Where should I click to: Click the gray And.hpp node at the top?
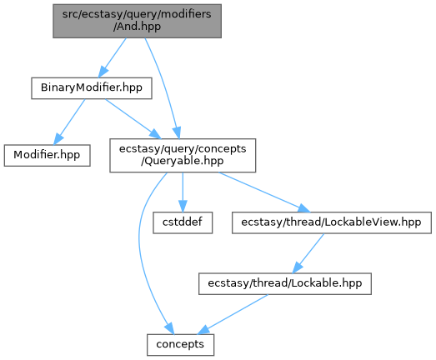[x=137, y=21]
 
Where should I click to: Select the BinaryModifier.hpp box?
[x=92, y=88]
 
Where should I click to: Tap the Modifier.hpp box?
[x=47, y=155]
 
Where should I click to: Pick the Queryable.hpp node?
[x=183, y=155]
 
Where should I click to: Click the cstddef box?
[x=183, y=222]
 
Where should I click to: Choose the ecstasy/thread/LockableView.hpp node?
[x=332, y=222]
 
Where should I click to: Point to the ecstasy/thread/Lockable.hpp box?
[x=285, y=284]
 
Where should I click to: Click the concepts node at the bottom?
[x=180, y=345]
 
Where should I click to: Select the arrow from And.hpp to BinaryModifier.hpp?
[x=112, y=57]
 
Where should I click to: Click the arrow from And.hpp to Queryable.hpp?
[x=164, y=86]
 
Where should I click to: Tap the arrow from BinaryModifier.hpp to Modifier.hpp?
[x=69, y=122]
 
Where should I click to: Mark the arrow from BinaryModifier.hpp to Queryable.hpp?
[x=133, y=118]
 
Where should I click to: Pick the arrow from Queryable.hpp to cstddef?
[x=183, y=192]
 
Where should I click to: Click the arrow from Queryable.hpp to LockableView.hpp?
[x=264, y=192]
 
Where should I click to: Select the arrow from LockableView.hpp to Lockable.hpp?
[x=308, y=253]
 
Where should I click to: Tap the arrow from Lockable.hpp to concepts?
[x=233, y=314]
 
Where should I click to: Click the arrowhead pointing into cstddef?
[x=183, y=207]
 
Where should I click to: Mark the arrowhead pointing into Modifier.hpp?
[x=58, y=138]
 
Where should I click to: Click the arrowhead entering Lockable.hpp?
[x=297, y=267]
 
